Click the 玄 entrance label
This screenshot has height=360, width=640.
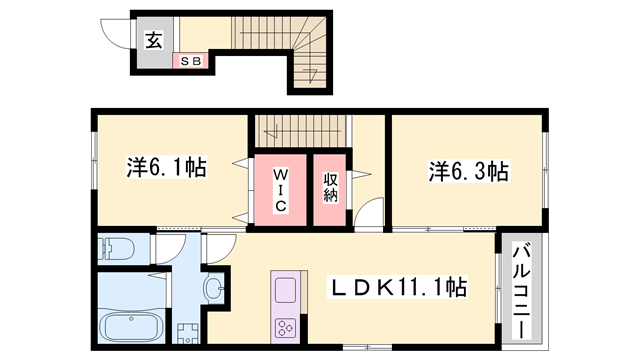click(x=154, y=40)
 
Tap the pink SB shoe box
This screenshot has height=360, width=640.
click(x=190, y=61)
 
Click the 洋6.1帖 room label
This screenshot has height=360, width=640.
click(x=166, y=167)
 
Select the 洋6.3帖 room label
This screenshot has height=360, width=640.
click(x=469, y=170)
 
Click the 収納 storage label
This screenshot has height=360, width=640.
click(x=330, y=187)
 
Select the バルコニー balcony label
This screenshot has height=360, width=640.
click(x=521, y=288)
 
